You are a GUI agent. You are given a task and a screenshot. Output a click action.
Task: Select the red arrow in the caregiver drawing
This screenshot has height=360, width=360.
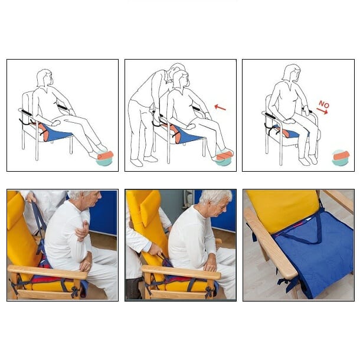[220, 107]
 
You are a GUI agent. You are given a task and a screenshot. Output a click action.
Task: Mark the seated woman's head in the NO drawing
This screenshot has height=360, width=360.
[290, 73]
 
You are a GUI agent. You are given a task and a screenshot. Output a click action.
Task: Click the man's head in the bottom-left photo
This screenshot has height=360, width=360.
[80, 202]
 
